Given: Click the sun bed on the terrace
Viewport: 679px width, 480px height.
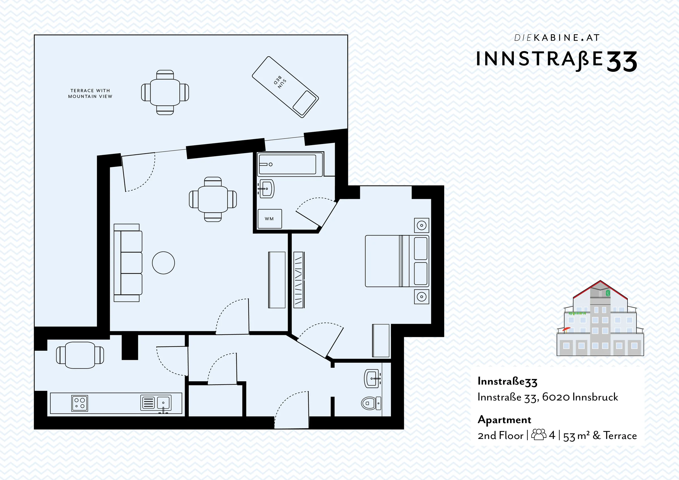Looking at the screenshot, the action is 285,87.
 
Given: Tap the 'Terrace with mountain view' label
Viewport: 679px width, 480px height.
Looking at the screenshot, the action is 90,93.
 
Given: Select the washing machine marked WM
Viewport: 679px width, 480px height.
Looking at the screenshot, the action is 270,219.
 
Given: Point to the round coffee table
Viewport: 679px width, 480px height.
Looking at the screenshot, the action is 164,262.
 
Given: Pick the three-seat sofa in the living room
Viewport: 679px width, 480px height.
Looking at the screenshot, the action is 128,262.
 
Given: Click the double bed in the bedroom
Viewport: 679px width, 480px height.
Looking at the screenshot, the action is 397,261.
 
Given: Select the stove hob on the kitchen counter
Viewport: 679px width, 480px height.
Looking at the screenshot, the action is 79,403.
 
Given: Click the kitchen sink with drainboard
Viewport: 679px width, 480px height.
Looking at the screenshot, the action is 156,403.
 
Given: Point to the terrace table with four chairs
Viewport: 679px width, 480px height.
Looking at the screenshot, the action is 165,92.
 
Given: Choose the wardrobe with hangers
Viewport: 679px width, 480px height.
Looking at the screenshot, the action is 299,280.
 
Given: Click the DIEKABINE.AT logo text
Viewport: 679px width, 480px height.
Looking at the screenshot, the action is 557,38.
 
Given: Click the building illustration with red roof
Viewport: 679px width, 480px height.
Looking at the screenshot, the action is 600,318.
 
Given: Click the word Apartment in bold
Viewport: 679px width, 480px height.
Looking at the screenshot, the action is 504,420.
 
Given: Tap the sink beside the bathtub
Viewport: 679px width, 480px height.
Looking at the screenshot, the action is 267,188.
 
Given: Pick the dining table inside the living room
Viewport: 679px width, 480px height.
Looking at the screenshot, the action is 213,199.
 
